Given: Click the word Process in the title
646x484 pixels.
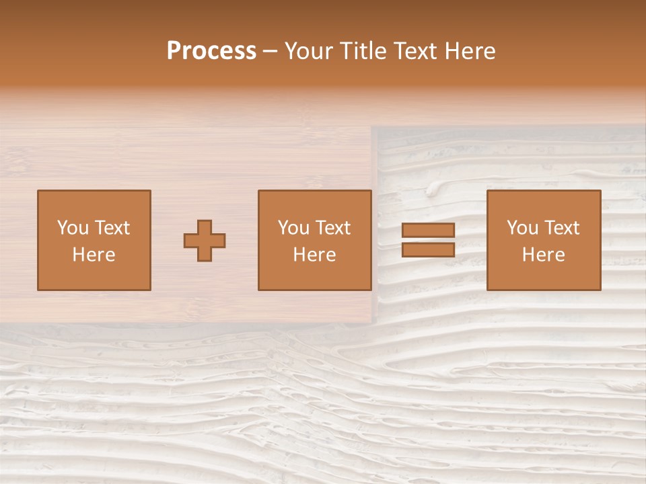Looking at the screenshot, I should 211,51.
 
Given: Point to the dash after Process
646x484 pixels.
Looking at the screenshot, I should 271,52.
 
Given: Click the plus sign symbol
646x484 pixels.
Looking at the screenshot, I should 205,240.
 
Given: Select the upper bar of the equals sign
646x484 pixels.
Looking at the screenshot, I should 428,230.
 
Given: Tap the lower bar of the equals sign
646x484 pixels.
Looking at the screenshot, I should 428,249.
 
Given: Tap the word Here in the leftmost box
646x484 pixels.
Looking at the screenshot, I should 94,255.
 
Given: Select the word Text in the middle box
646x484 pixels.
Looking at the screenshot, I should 333,228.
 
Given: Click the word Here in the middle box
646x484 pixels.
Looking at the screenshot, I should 315,255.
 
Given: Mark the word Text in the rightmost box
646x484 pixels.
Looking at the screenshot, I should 562,228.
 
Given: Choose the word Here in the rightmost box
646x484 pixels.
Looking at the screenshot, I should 544,255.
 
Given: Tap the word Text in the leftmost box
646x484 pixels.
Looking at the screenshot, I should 112,228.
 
